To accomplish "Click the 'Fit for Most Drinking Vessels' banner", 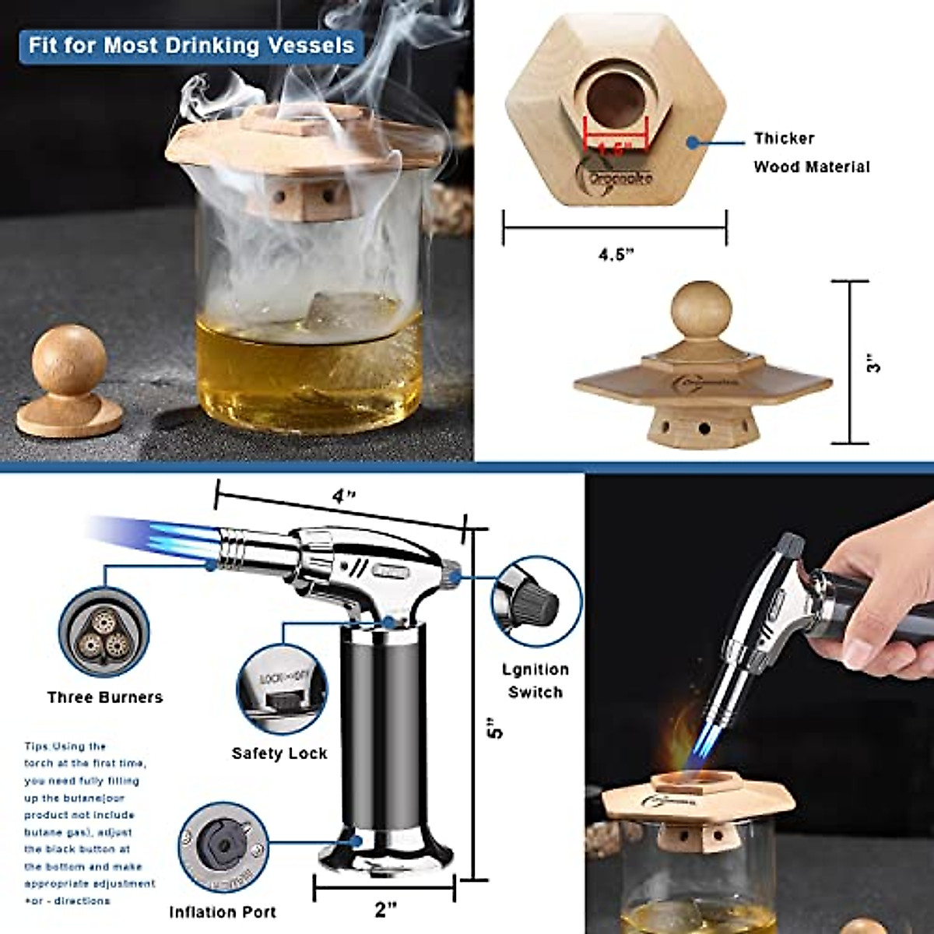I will tap(191, 45).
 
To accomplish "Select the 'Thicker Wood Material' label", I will tap(809, 153).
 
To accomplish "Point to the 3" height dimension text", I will tap(874, 363).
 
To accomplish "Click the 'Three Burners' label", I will tap(105, 697).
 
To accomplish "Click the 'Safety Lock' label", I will tap(279, 753).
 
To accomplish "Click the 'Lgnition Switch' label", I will tap(535, 680).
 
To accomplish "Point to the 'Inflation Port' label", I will tap(223, 911).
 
